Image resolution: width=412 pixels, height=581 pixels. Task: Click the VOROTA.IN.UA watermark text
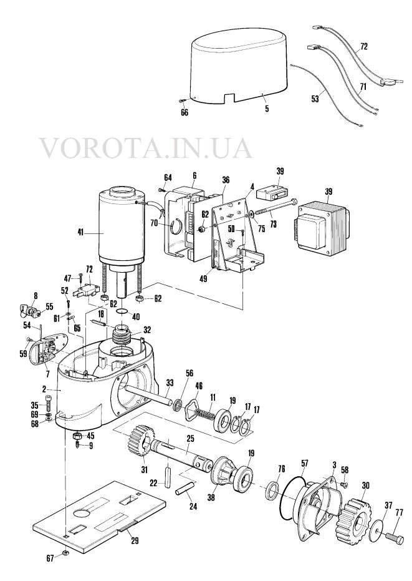coord(146,149)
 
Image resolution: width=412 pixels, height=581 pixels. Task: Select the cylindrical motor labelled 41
coord(120,226)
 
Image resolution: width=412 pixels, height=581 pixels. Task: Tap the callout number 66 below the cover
coord(184,112)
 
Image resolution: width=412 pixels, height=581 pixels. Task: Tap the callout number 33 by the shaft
coord(170,382)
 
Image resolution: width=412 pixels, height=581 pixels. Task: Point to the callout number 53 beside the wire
coord(315,99)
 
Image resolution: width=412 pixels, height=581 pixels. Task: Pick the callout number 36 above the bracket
coord(226,180)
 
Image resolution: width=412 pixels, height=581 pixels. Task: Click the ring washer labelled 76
coord(273,490)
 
